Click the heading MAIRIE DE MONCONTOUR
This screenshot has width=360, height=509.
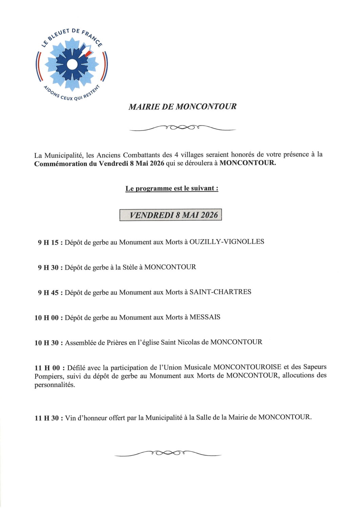click(183, 107)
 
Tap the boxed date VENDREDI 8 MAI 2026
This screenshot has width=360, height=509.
click(171, 215)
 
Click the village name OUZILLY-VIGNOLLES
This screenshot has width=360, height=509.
click(227, 242)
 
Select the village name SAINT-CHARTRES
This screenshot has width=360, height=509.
click(220, 292)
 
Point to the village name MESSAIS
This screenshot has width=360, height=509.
click(205, 318)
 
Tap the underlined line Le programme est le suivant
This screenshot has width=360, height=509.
click(172, 189)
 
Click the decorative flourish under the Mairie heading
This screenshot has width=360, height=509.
click(183, 128)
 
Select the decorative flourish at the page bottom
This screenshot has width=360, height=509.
click(168, 453)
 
